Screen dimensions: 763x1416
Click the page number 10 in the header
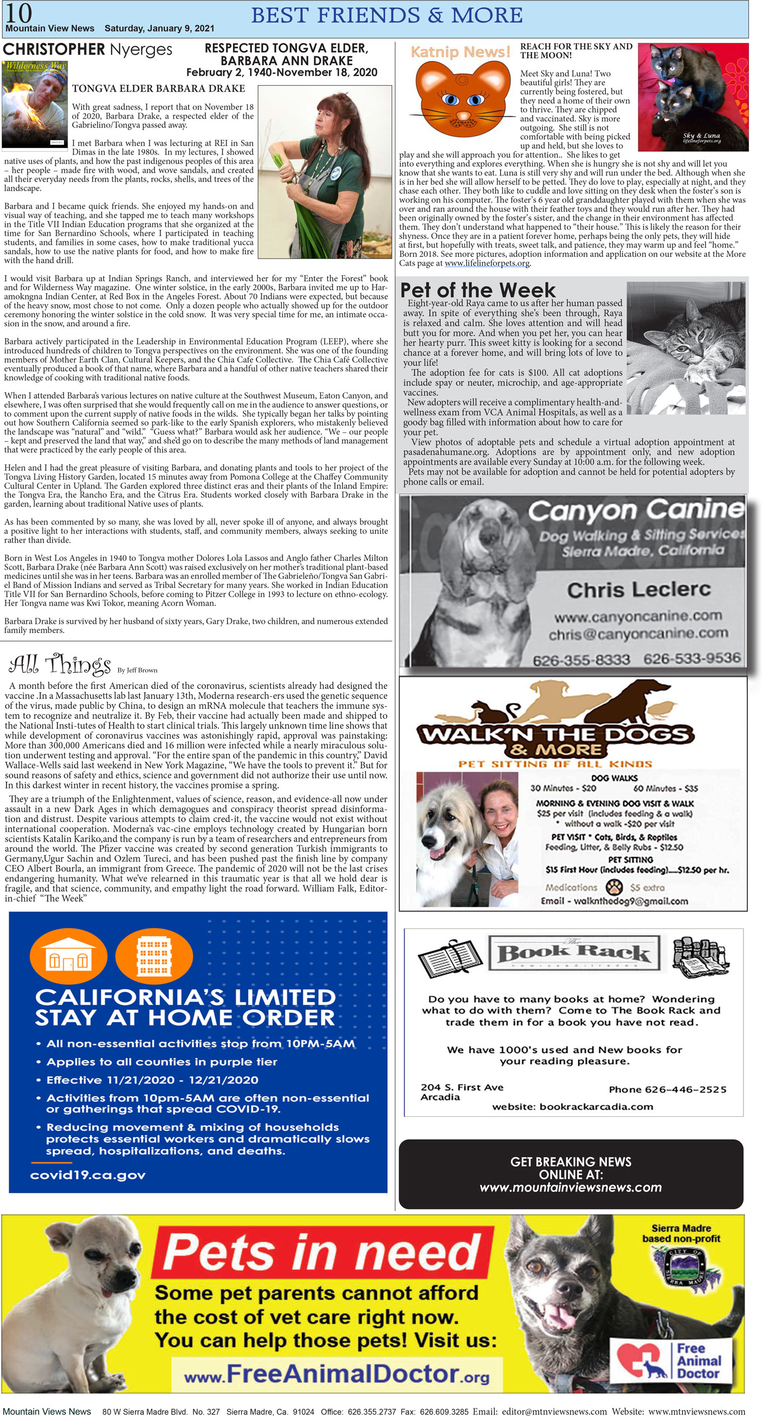[18, 12]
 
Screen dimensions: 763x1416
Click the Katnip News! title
[460, 51]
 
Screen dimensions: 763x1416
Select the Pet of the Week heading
[478, 290]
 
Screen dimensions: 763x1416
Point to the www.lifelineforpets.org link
[487, 263]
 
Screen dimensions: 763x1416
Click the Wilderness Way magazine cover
[35, 105]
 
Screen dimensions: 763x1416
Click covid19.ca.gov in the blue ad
[88, 1175]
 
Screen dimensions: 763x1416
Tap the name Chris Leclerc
[638, 590]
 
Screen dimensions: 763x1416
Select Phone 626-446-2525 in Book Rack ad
[667, 1089]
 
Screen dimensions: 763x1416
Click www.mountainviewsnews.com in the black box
[570, 1187]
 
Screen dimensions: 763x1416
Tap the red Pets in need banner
[322, 1252]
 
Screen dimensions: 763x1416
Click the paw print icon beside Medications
[613, 887]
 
